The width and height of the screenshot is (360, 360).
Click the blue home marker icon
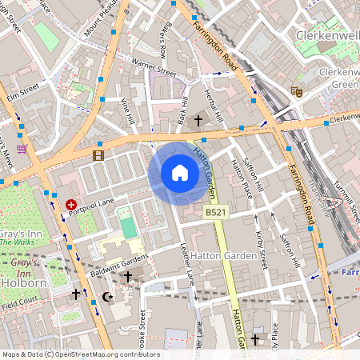179,173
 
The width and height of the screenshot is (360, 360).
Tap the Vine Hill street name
128,111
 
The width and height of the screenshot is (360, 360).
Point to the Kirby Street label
261,244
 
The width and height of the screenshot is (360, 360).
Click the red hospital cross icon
72,206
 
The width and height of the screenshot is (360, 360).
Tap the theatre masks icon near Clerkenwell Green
296,92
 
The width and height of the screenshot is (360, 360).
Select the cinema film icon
98,155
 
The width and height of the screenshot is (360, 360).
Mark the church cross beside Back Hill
198,121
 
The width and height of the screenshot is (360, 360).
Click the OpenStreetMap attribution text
80,354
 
